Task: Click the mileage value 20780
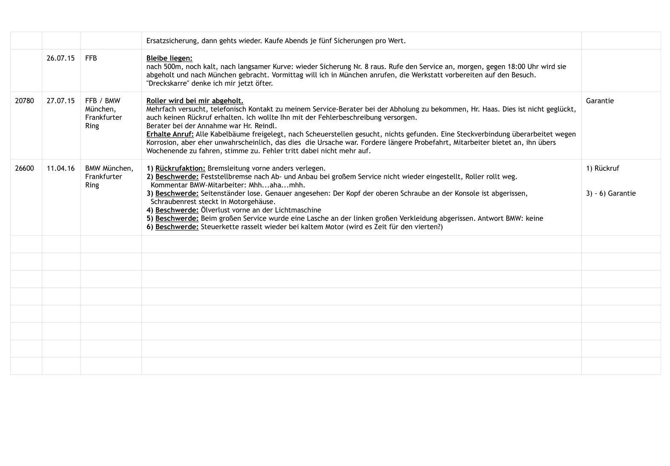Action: coord(24,101)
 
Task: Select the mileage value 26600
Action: coord(24,168)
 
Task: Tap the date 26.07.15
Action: coord(60,58)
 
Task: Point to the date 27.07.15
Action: coord(60,101)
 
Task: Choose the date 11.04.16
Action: coord(60,168)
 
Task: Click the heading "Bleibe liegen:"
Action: coord(169,58)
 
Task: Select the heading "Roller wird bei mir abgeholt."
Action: coord(195,101)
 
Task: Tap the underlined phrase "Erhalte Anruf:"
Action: coord(170,134)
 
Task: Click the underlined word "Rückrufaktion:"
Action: coord(180,168)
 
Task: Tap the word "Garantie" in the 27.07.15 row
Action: coord(600,101)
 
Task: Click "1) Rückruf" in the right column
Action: coord(602,168)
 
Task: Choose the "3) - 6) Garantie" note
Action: coord(611,193)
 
